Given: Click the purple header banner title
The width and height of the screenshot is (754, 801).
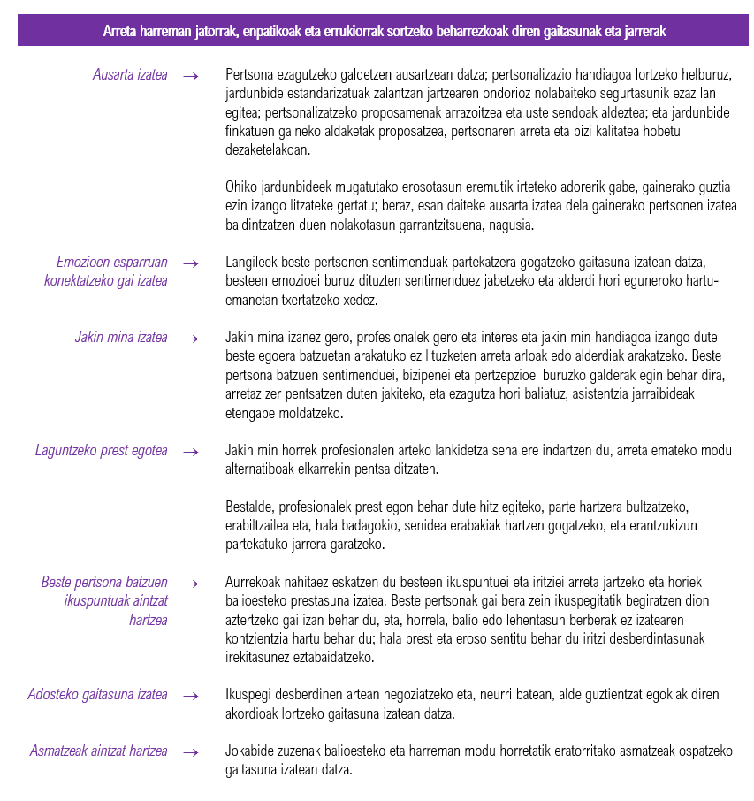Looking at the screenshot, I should pos(384,31).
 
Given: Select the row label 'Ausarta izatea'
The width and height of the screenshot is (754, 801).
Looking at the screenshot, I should pos(130,75).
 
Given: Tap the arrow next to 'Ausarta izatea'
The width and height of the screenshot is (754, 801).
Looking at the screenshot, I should pos(190,76).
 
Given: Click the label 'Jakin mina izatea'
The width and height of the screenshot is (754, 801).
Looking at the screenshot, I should pos(121,338).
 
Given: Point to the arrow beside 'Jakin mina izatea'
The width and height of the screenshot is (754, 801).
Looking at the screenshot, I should pos(190,339).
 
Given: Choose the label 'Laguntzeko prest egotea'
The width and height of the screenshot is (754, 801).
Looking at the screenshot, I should pos(101,451).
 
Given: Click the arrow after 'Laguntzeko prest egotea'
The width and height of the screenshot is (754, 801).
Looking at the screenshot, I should pos(190,452).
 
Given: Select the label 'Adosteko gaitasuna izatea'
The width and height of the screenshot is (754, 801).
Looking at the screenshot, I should pos(97,695).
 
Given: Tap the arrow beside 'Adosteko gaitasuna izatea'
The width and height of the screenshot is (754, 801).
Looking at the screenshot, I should pos(190,696).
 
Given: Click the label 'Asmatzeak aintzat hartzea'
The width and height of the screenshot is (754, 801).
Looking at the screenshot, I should pos(98,751).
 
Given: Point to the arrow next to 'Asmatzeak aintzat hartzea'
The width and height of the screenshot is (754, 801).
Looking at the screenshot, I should pos(190,752).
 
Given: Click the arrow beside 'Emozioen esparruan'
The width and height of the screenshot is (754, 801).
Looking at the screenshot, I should pos(190,263).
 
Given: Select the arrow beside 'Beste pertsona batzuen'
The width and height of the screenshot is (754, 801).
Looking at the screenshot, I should pos(190,584).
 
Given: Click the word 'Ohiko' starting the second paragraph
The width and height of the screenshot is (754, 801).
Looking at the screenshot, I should pos(240,187).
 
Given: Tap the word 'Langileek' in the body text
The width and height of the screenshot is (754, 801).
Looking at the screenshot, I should pos(249,263).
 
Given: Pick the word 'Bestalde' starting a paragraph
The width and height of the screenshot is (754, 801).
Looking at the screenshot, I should pos(247,507).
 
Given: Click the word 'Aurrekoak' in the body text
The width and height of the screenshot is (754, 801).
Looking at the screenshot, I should pos(252,583).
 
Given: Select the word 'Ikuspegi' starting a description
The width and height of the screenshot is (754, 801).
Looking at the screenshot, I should pos(247,695).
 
